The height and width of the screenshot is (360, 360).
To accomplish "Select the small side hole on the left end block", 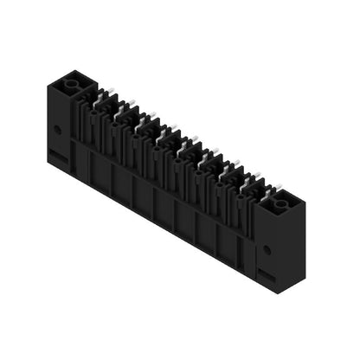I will click(58, 129).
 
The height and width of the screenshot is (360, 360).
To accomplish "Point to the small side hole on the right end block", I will click(267, 249).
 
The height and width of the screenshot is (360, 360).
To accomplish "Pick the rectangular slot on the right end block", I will click(267, 276).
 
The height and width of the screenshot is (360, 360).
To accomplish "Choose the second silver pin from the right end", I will click(235, 171).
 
